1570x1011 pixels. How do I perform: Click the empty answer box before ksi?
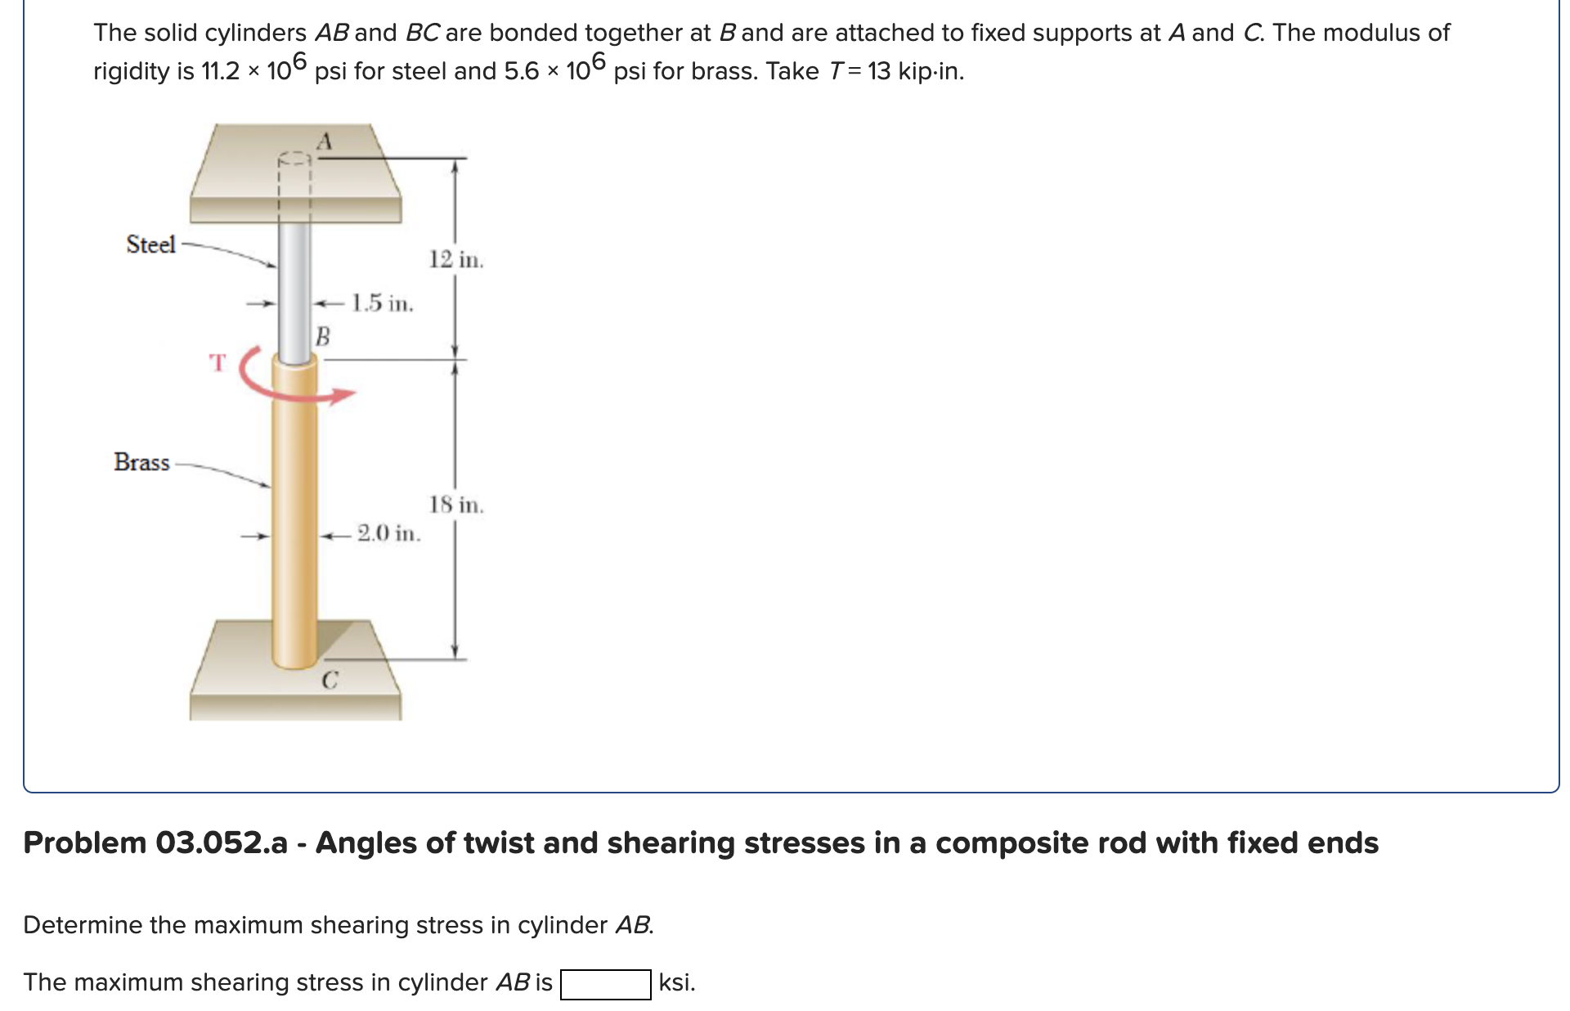click(605, 983)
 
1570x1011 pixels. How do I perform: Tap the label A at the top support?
click(325, 142)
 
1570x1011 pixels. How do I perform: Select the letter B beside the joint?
click(323, 335)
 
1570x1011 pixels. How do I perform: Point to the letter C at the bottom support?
click(330, 680)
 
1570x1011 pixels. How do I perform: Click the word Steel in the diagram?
click(150, 244)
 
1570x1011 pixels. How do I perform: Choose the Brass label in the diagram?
click(141, 462)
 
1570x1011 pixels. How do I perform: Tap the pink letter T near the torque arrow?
click(217, 362)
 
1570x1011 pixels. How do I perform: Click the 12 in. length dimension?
click(456, 260)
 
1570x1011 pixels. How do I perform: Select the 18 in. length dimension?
click(456, 505)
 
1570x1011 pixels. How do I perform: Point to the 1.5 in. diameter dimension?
click(382, 303)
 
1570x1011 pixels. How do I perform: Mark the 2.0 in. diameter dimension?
click(388, 533)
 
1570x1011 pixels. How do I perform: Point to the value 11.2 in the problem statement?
click(220, 72)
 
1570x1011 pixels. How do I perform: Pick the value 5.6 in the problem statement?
click(522, 72)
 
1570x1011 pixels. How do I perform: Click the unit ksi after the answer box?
click(675, 982)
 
